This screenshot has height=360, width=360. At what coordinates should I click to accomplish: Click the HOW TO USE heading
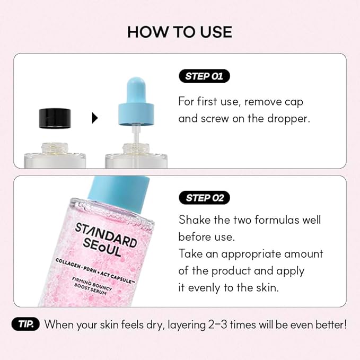pyautogui.click(x=180, y=32)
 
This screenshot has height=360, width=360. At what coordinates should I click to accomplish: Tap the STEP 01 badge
pyautogui.click(x=204, y=76)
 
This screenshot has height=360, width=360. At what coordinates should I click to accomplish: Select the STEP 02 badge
pyautogui.click(x=204, y=198)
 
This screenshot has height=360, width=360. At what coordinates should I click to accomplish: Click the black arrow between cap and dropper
pyautogui.click(x=95, y=118)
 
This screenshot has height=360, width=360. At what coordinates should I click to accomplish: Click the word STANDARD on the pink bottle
pyautogui.click(x=106, y=234)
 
